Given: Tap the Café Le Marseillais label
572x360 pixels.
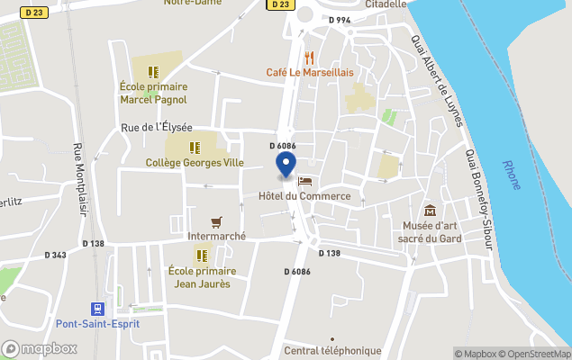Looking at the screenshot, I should [309, 72].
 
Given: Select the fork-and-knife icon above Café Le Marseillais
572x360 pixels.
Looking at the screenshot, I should [309, 56].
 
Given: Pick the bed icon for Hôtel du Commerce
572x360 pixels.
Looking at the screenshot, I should [304, 182].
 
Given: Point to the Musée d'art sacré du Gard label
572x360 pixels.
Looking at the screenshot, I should [430, 232].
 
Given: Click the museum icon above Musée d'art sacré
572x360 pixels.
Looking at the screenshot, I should [430, 211].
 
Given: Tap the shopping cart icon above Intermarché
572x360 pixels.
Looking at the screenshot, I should [216, 221].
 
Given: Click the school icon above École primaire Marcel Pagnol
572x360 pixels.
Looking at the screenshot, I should [152, 71].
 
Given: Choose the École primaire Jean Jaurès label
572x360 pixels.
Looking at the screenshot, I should [202, 277].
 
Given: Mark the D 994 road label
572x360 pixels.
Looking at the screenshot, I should [339, 20].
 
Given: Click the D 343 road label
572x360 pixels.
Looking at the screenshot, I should [54, 255].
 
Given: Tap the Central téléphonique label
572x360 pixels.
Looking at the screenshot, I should [332, 350].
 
